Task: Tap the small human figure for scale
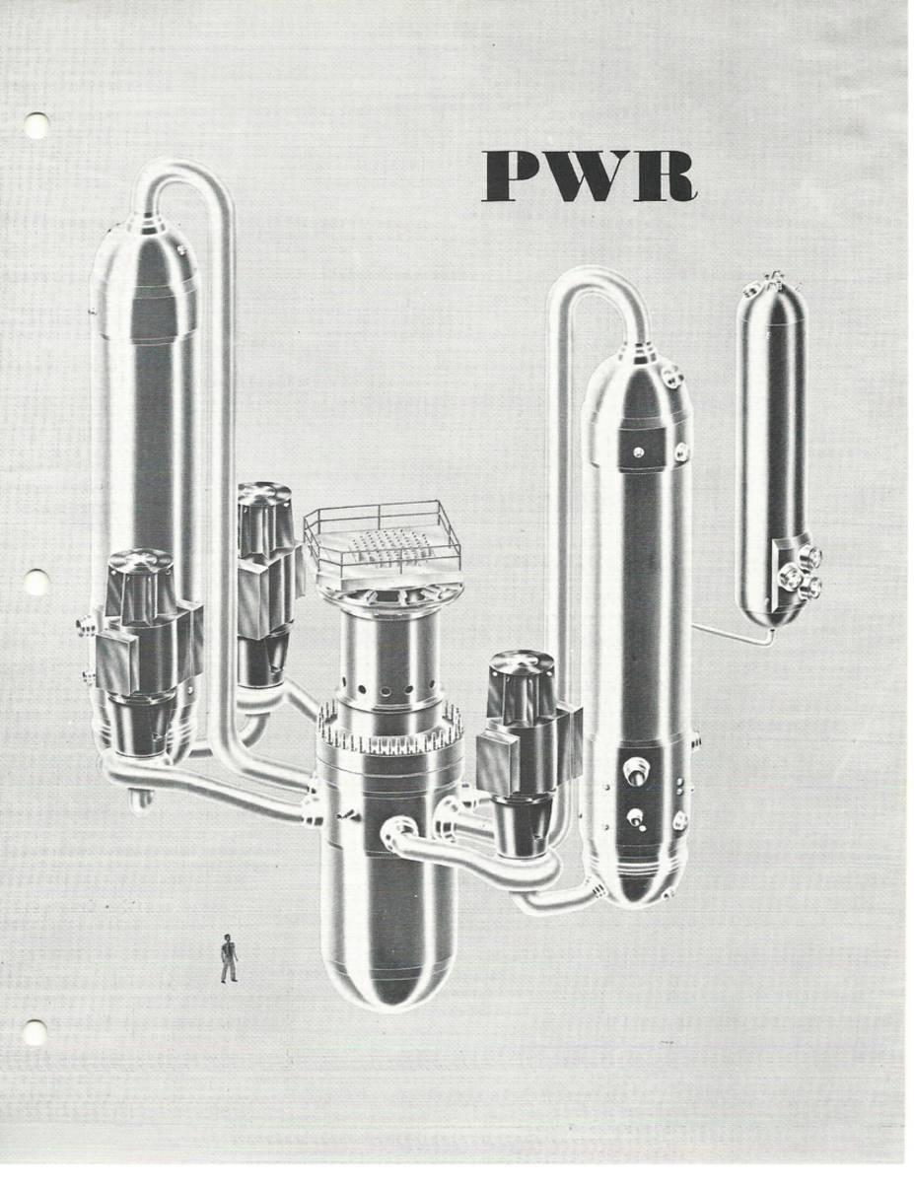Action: pyautogui.click(x=229, y=958)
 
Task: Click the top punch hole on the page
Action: pyautogui.click(x=36, y=125)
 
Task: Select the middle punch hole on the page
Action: pyautogui.click(x=36, y=583)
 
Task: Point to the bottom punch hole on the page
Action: pyautogui.click(x=35, y=1032)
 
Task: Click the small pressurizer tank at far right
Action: pyautogui.click(x=771, y=444)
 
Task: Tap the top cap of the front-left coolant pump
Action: pyautogui.click(x=141, y=562)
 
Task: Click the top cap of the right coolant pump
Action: pyautogui.click(x=521, y=662)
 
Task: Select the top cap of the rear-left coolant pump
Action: pyautogui.click(x=264, y=494)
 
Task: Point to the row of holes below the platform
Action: pyautogui.click(x=390, y=681)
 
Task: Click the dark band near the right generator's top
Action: pyautogui.click(x=641, y=450)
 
